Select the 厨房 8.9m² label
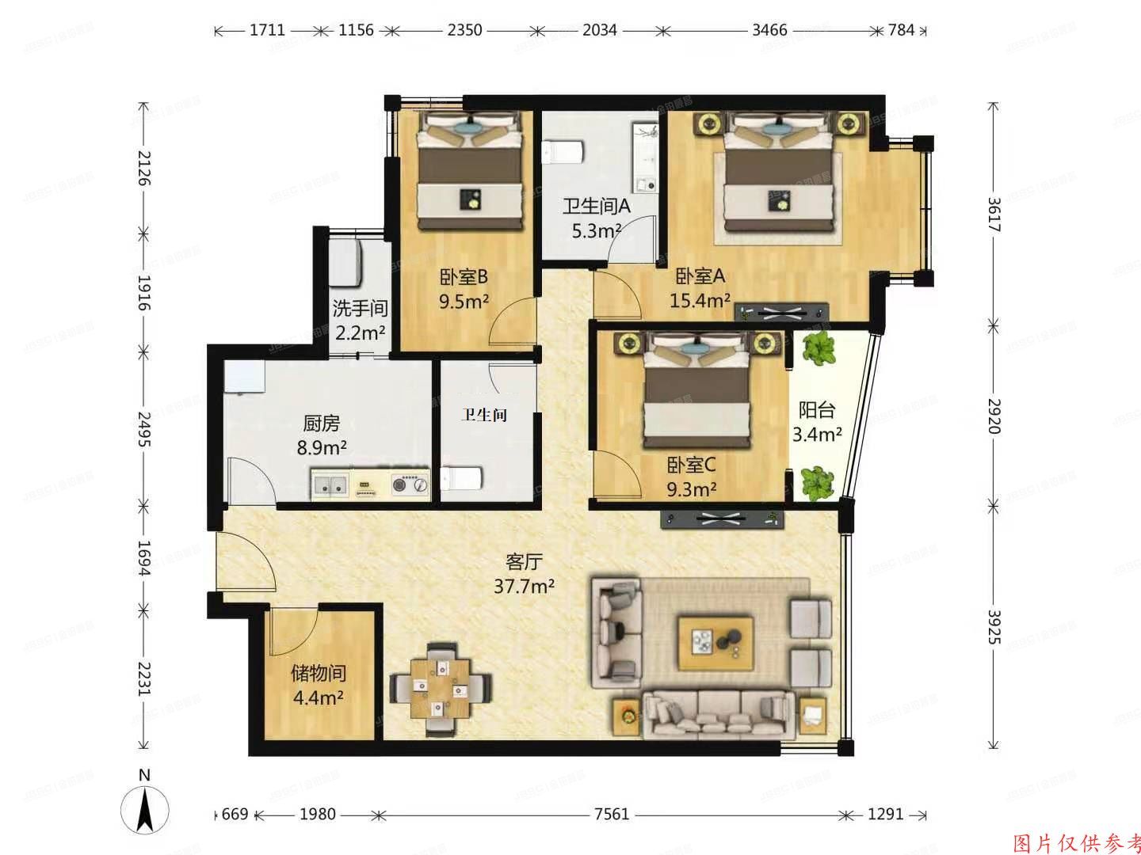[x=322, y=435]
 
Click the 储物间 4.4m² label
[x=318, y=686]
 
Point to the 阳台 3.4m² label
[x=817, y=422]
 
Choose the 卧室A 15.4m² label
[x=701, y=288]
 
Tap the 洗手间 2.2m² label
[x=360, y=320]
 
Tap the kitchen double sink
[x=330, y=485]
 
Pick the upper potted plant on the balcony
[x=819, y=349]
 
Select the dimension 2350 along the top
[x=464, y=31]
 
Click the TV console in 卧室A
[x=781, y=312]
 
